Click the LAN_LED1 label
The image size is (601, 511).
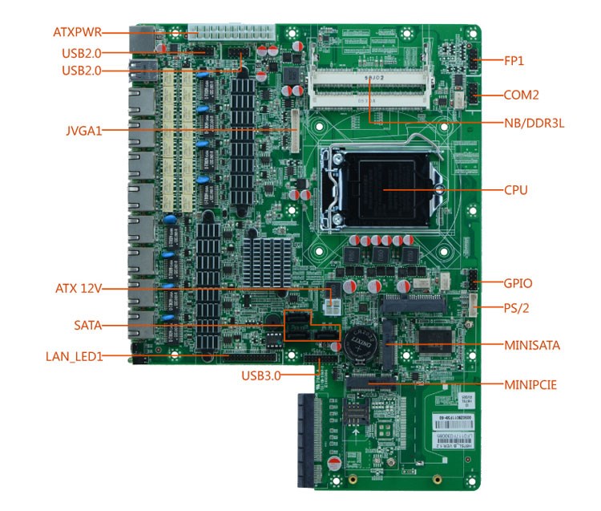tap(74, 356)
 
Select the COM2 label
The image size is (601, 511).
tap(521, 95)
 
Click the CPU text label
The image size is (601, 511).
tap(515, 190)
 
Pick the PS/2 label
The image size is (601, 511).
tap(516, 307)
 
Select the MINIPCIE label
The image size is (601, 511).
tap(530, 384)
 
